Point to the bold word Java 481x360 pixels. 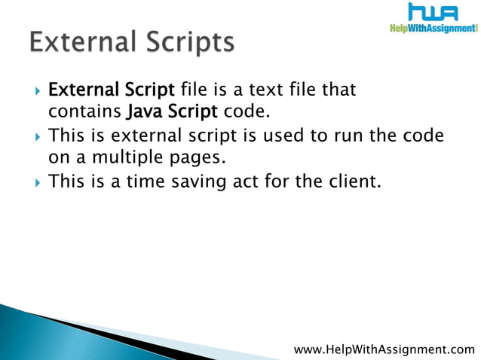[x=143, y=114]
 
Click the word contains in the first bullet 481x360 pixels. [x=82, y=114]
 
